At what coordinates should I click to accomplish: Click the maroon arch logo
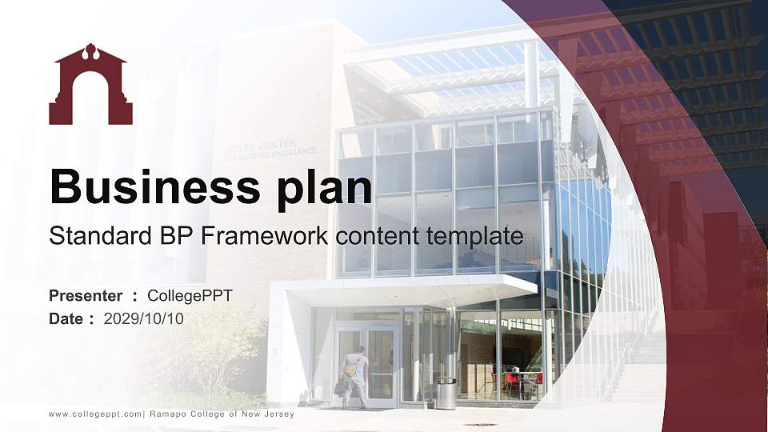[90, 85]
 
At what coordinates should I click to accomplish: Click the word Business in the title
[147, 187]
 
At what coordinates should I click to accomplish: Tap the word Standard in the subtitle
[89, 236]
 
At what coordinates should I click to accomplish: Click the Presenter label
[86, 296]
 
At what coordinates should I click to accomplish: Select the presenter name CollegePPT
[190, 296]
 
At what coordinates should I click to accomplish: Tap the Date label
[66, 318]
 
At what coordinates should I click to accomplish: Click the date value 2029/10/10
[144, 318]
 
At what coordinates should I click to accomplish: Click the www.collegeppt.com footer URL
[95, 414]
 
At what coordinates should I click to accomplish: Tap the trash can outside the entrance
[446, 393]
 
